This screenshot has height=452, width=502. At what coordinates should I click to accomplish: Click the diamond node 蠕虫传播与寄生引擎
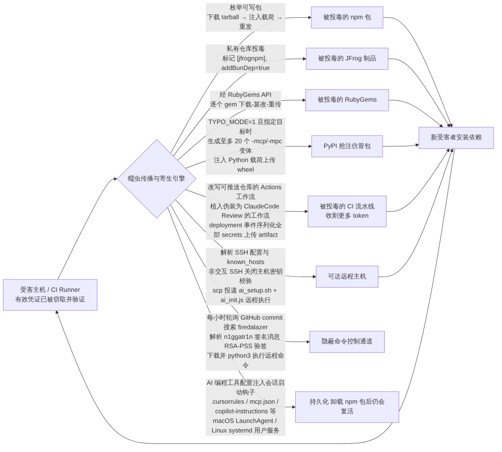[x=157, y=179]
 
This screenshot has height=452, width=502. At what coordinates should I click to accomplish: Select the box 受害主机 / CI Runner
[x=50, y=295]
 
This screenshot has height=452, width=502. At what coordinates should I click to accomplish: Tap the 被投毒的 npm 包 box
[x=347, y=17]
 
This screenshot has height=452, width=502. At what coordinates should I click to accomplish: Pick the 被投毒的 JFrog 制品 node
[x=347, y=58]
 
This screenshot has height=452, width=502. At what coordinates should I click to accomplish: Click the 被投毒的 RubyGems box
[x=347, y=100]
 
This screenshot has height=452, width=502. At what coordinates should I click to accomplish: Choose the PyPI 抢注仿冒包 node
[x=347, y=146]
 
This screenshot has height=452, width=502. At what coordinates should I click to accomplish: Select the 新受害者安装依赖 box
[x=456, y=137]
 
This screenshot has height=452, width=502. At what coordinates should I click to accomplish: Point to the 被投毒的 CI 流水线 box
[x=347, y=211]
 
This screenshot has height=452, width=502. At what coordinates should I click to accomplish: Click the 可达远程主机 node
[x=347, y=277]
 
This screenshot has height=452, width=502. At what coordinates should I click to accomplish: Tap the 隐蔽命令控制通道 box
[x=347, y=342]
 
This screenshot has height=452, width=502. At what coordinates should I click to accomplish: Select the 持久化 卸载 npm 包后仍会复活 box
[x=347, y=407]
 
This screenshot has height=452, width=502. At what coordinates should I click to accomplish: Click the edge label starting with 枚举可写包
[x=245, y=17]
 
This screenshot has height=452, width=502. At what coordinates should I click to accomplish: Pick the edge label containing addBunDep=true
[x=245, y=58]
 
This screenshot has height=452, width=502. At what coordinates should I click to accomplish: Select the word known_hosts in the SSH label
[x=245, y=262]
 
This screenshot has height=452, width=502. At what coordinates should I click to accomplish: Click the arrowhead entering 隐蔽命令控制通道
[x=308, y=342]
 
